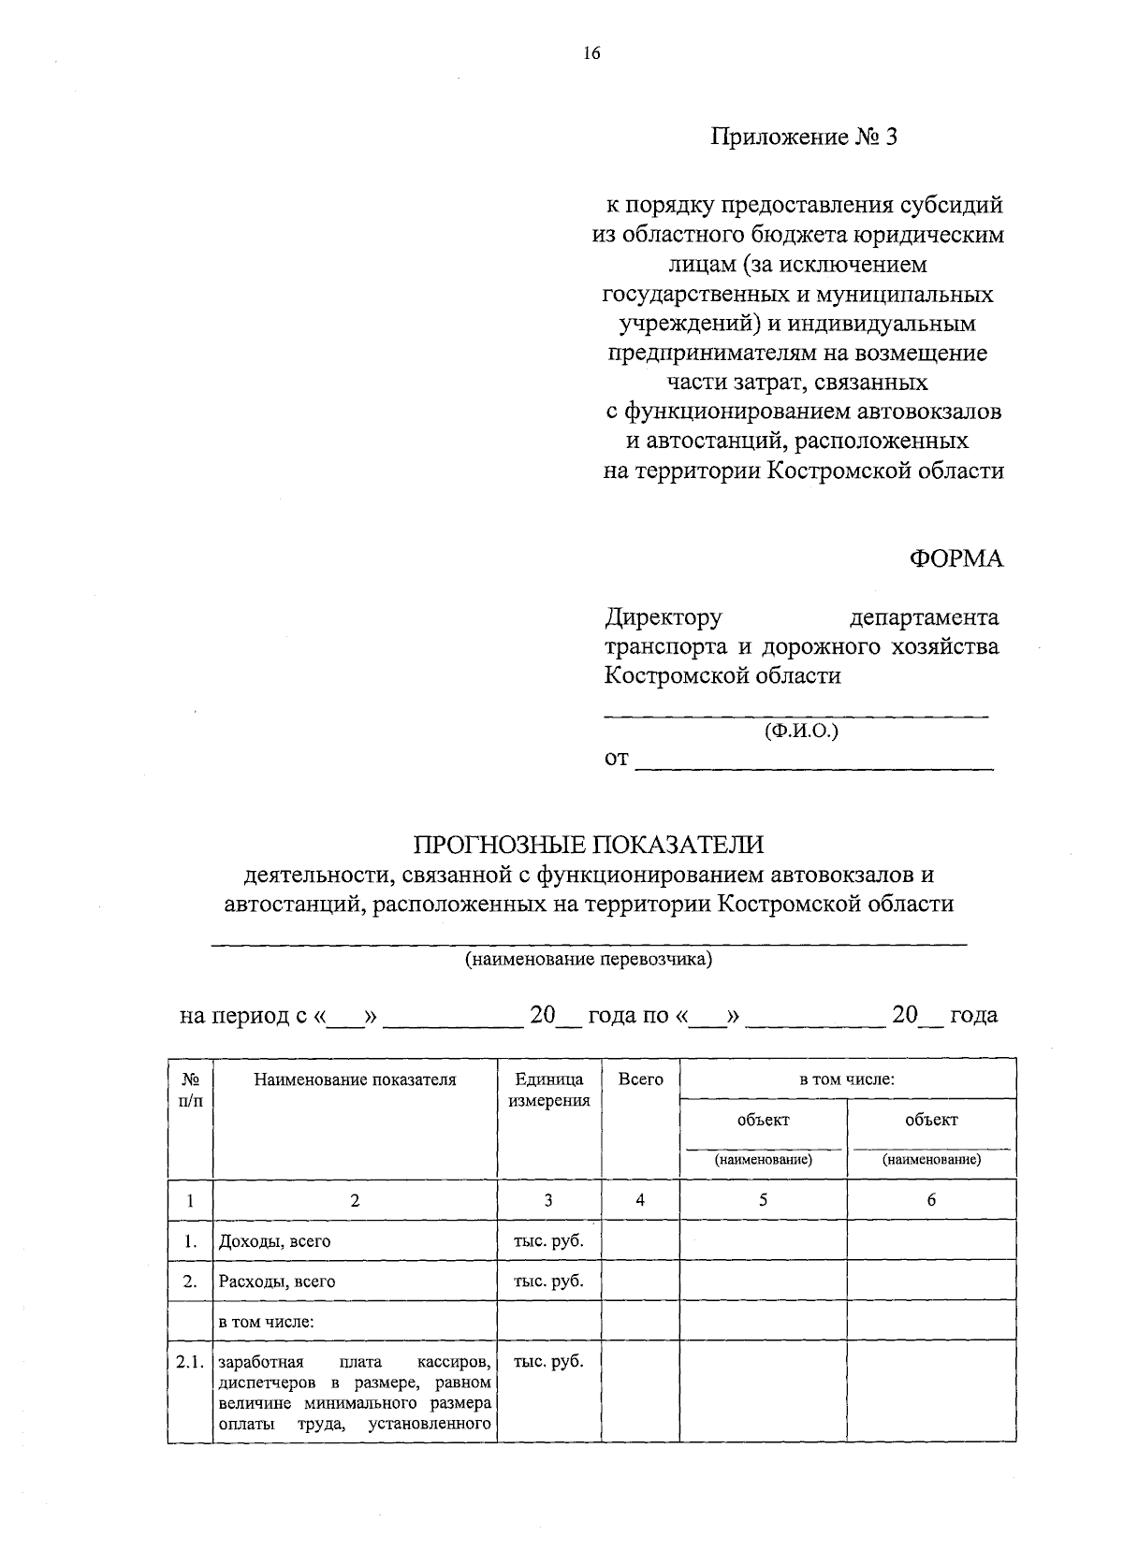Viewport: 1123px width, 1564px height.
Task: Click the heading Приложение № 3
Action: tap(804, 138)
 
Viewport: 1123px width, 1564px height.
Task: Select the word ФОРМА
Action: tap(955, 559)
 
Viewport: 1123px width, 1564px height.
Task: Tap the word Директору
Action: tap(664, 617)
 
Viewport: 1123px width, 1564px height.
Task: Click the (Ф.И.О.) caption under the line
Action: tap(801, 731)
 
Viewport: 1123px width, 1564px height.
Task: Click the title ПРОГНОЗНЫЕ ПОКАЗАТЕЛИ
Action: tap(590, 845)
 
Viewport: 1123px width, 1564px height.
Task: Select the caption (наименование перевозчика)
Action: tap(590, 960)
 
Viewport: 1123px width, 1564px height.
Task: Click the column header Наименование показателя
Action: tap(355, 1079)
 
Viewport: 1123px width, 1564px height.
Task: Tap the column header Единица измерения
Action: tap(548, 1090)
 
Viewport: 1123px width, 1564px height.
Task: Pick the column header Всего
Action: tap(641, 1079)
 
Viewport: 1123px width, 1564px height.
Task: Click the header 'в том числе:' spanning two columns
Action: tap(847, 1079)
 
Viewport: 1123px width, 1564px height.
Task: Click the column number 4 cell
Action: tap(640, 1200)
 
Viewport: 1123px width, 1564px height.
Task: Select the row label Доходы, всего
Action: tap(274, 1241)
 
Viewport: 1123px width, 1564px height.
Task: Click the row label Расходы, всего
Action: tap(276, 1282)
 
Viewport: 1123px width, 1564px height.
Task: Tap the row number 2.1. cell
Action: tap(189, 1362)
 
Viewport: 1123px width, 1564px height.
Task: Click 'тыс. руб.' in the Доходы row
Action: tap(548, 1240)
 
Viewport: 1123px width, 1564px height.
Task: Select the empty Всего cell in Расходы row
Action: tap(640, 1281)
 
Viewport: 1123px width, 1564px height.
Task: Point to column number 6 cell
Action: tap(931, 1200)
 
